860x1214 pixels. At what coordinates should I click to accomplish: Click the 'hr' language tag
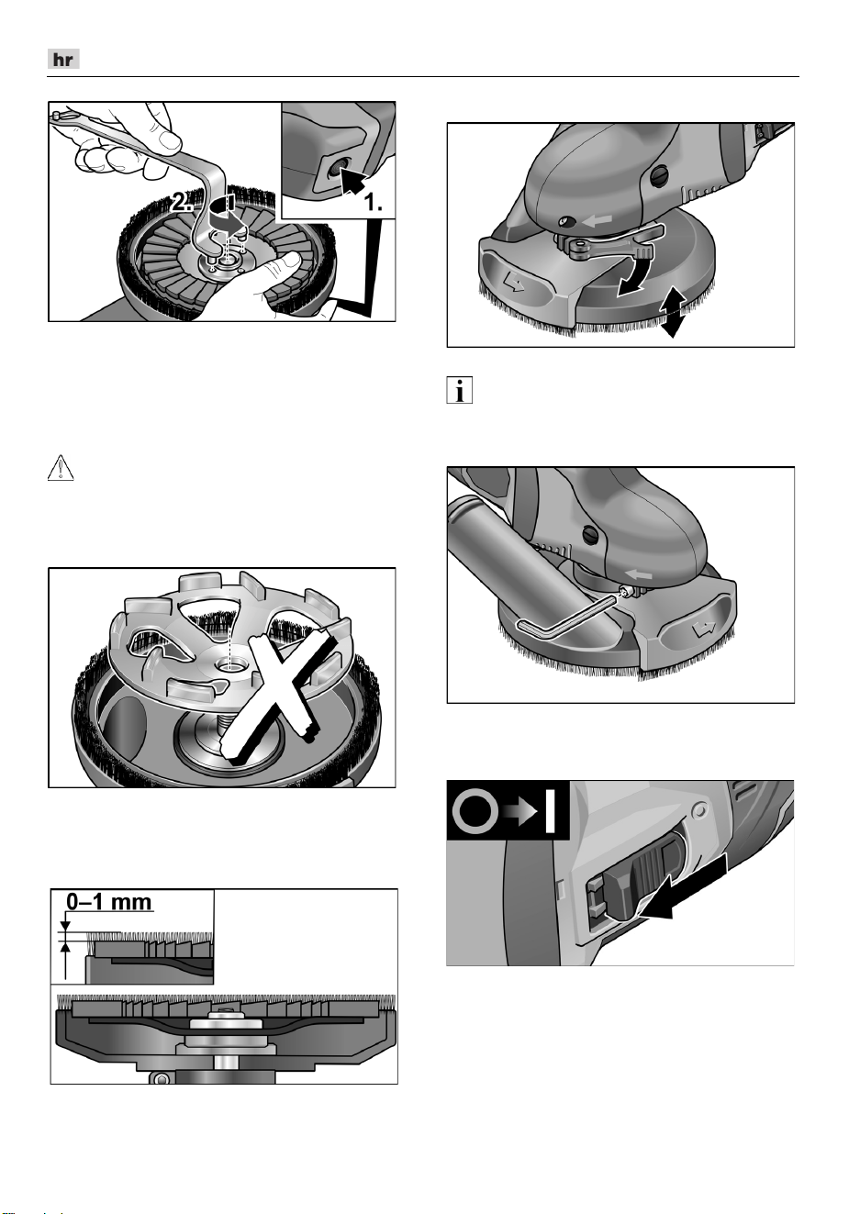tap(63, 59)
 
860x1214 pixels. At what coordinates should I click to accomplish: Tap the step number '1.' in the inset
tap(373, 203)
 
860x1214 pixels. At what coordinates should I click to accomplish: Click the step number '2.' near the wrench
tap(181, 203)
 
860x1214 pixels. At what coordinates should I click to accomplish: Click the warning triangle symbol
tap(61, 468)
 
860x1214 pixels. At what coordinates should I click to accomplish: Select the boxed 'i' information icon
tap(460, 390)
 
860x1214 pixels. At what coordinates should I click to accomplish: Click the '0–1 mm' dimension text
tap(109, 902)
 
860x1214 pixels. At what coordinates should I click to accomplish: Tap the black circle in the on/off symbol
tap(475, 811)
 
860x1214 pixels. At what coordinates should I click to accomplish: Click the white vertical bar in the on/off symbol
tap(550, 811)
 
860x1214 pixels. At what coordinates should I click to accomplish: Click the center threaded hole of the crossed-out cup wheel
tap(229, 664)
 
